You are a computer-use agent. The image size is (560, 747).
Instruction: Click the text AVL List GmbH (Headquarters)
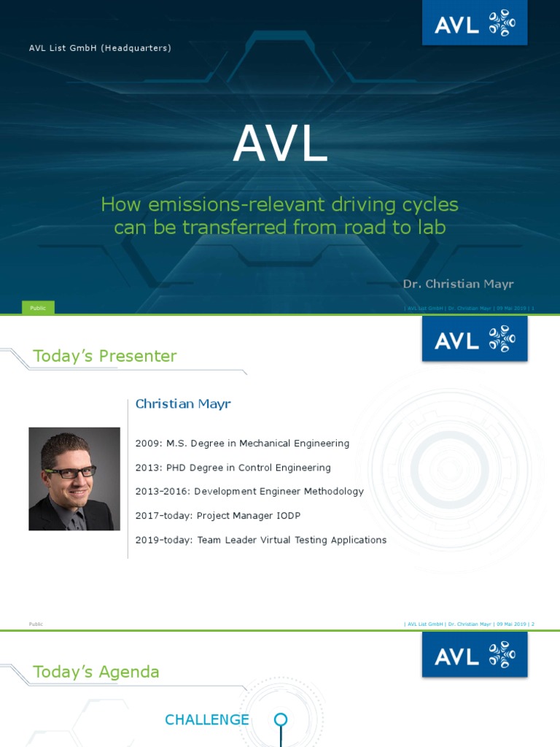pos(100,48)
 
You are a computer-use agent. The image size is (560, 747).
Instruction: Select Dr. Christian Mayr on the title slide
pos(459,283)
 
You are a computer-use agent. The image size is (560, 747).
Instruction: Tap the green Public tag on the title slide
pos(38,308)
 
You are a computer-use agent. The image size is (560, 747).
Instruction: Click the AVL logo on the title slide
pos(474,23)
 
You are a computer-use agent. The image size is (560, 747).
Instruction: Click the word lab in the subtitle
pos(429,228)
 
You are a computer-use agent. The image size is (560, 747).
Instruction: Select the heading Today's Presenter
pos(104,356)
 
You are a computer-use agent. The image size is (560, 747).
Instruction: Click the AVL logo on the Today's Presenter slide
pos(474,339)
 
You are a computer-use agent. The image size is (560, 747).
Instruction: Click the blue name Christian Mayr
pos(183,404)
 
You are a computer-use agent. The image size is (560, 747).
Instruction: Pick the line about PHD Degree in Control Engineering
pos(233,468)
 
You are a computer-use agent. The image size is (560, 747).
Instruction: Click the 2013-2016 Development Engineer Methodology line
pos(249,492)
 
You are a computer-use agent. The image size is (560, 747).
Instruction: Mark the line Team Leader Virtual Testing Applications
pos(261,540)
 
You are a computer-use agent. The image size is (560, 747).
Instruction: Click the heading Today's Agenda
pos(96,672)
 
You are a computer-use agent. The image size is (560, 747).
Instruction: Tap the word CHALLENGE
pos(207,720)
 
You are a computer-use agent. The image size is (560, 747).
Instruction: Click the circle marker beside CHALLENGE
pos(281,720)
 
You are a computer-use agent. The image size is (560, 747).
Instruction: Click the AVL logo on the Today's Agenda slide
pos(474,654)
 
